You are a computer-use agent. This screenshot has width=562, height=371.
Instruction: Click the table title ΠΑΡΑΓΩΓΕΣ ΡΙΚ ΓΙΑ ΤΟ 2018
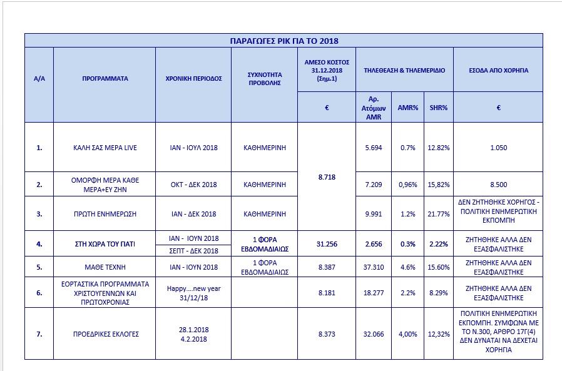click(284, 41)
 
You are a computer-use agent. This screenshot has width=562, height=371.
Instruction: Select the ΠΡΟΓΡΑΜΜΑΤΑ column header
click(105, 79)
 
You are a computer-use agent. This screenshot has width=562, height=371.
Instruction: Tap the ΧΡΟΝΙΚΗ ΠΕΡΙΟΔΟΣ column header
click(193, 79)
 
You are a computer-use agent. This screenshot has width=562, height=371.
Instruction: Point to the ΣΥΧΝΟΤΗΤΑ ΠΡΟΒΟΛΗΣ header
click(264, 79)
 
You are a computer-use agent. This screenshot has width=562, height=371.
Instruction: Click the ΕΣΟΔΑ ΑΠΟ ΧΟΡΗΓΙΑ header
click(498, 70)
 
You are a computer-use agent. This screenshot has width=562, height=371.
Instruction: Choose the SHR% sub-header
click(439, 108)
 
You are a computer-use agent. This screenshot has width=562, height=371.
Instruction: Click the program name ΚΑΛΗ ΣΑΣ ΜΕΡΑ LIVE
click(105, 148)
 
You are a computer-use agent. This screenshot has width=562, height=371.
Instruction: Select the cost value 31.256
click(327, 243)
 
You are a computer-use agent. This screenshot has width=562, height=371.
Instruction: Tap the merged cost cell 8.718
click(327, 177)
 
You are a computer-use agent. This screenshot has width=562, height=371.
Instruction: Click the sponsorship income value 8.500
click(498, 185)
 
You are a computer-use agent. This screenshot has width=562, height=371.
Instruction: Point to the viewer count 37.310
click(374, 267)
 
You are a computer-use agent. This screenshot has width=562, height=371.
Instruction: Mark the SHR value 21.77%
click(439, 214)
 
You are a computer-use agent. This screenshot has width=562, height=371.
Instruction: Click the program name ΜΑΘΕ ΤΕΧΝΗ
click(105, 267)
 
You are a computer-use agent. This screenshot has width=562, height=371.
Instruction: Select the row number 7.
click(39, 334)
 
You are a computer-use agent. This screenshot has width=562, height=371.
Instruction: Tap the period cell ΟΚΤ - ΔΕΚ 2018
click(193, 185)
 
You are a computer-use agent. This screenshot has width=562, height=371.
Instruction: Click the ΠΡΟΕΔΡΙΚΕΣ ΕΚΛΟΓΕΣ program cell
click(105, 334)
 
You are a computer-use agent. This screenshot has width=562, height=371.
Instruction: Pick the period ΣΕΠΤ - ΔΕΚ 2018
click(193, 250)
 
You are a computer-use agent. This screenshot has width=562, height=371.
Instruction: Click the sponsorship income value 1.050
click(498, 148)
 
